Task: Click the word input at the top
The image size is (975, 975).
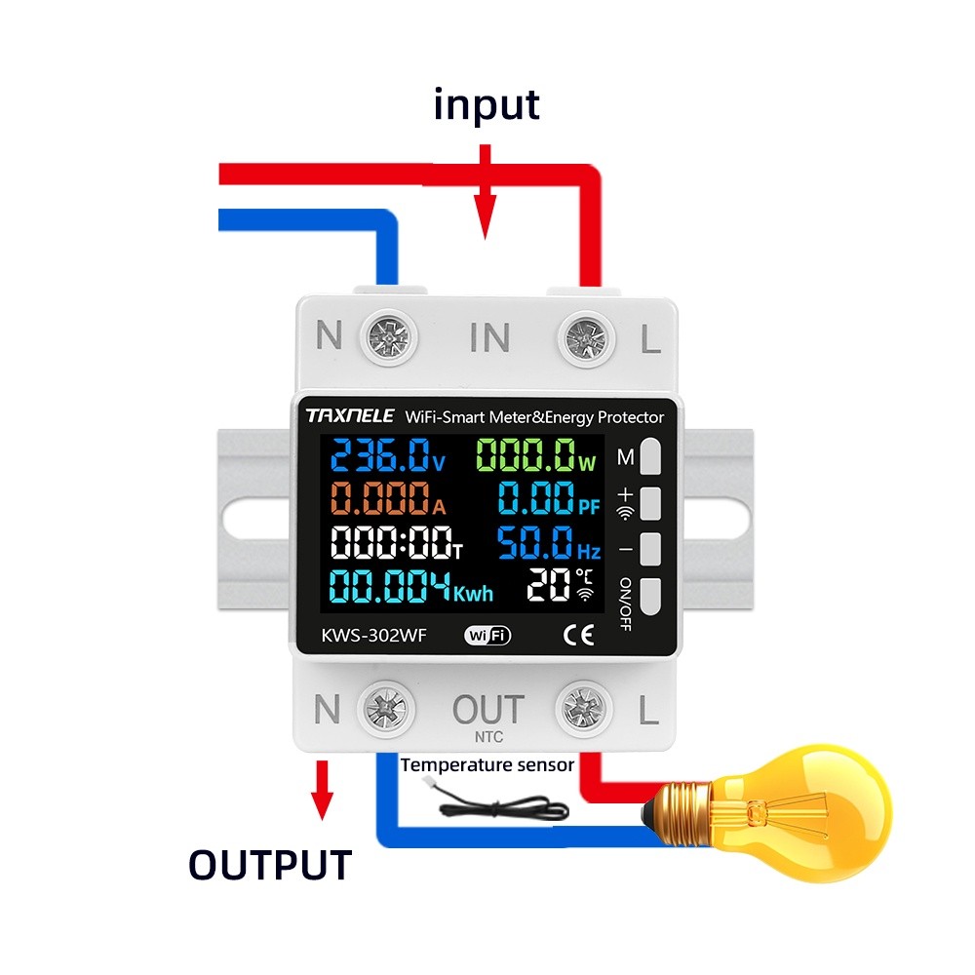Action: (x=487, y=104)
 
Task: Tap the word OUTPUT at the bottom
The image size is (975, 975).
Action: (x=269, y=865)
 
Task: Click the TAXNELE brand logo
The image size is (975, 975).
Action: (x=349, y=416)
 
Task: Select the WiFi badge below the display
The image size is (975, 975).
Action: (x=487, y=636)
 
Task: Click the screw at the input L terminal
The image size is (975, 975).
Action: (x=587, y=338)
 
